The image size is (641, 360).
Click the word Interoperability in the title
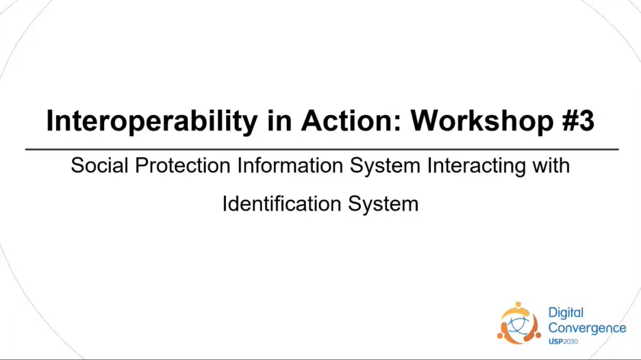[x=152, y=121]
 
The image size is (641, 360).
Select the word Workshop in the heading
[x=482, y=121]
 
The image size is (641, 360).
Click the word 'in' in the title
[x=279, y=120]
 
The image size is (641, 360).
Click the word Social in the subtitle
[x=99, y=166]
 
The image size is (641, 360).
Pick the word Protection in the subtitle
[x=183, y=166]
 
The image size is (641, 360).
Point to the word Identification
[x=281, y=203]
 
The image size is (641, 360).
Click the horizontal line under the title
[x=322, y=150]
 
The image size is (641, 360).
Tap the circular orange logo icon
[x=519, y=323]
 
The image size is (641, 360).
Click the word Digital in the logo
[x=566, y=313]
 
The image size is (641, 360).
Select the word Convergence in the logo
[x=587, y=328]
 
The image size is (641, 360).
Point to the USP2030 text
[x=564, y=342]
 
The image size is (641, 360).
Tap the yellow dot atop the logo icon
[x=518, y=305]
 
